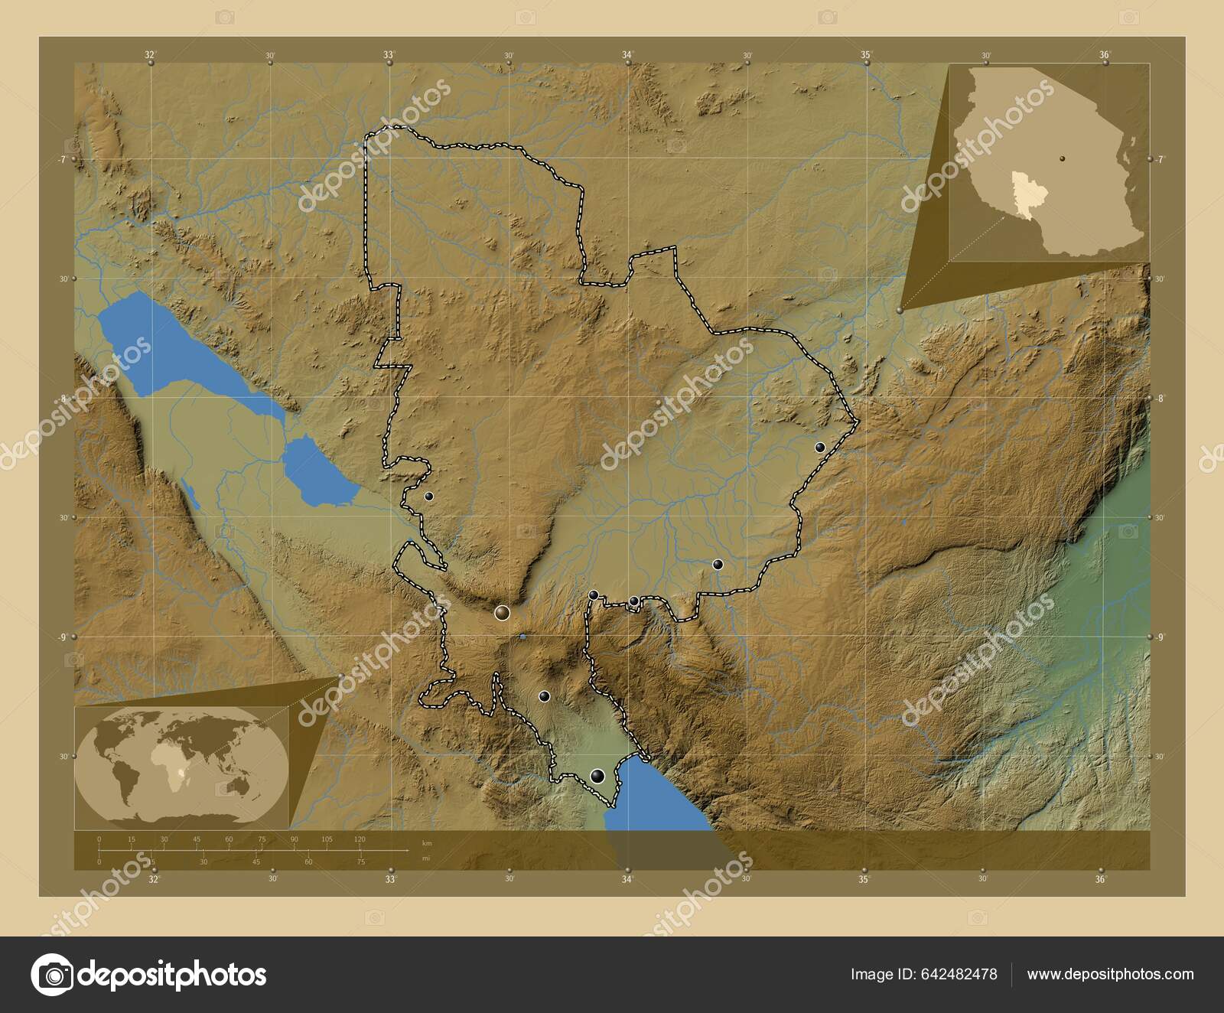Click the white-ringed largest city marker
[502, 612]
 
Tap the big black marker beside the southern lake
[598, 777]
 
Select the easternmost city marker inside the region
[820, 448]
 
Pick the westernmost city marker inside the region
[429, 497]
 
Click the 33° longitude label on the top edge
[389, 55]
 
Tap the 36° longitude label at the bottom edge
[1101, 880]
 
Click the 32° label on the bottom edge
[155, 880]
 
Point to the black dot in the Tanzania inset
[1063, 158]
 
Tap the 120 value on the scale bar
[360, 839]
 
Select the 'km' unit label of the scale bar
[426, 842]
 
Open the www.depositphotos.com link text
[1110, 974]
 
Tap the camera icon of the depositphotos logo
[51, 975]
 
